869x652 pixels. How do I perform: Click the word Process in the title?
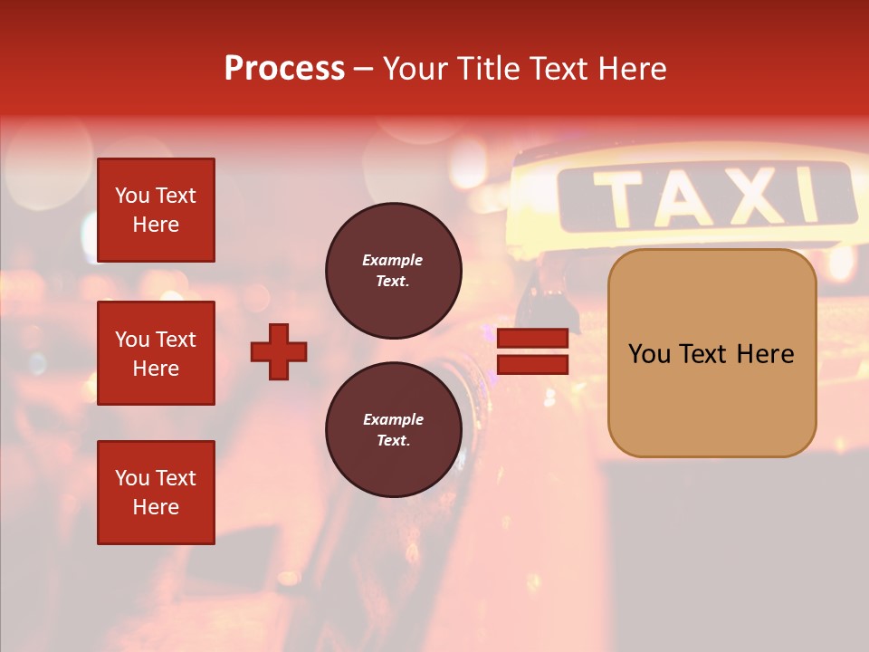pos(284,69)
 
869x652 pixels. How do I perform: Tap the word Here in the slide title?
pos(632,69)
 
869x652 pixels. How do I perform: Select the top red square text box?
pos(156,210)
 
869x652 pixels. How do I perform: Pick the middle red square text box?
pos(156,353)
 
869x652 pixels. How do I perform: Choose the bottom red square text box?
pos(156,493)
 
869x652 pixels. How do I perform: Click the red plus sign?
pos(279,351)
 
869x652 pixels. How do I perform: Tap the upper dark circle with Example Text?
pos(393,271)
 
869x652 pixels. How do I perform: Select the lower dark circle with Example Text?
pos(393,430)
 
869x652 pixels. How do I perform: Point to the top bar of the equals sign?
pos(532,338)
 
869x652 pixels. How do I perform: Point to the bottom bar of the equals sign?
pos(532,364)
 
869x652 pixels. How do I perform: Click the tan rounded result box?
pos(711,353)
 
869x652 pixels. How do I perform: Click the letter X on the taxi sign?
pos(756,195)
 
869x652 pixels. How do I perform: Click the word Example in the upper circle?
pos(393,261)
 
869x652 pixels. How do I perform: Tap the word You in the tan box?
pos(649,353)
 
